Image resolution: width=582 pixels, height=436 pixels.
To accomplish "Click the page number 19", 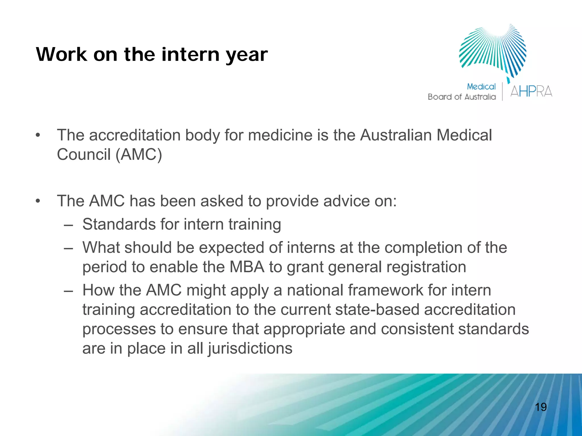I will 541,407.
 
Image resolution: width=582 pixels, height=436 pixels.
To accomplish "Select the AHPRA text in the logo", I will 531,91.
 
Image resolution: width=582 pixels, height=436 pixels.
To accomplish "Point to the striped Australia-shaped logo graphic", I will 493,51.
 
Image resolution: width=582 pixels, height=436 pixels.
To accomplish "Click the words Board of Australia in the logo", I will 462,97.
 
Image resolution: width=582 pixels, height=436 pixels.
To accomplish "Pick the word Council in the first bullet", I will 84,154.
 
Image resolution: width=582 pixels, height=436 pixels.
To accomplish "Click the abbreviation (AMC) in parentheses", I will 139,154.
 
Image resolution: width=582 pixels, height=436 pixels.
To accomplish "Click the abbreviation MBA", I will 247,267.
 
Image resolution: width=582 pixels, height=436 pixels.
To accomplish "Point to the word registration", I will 426,267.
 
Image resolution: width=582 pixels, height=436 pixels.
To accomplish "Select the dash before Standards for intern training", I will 68,224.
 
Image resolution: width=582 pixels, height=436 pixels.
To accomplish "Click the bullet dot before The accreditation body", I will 38,135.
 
